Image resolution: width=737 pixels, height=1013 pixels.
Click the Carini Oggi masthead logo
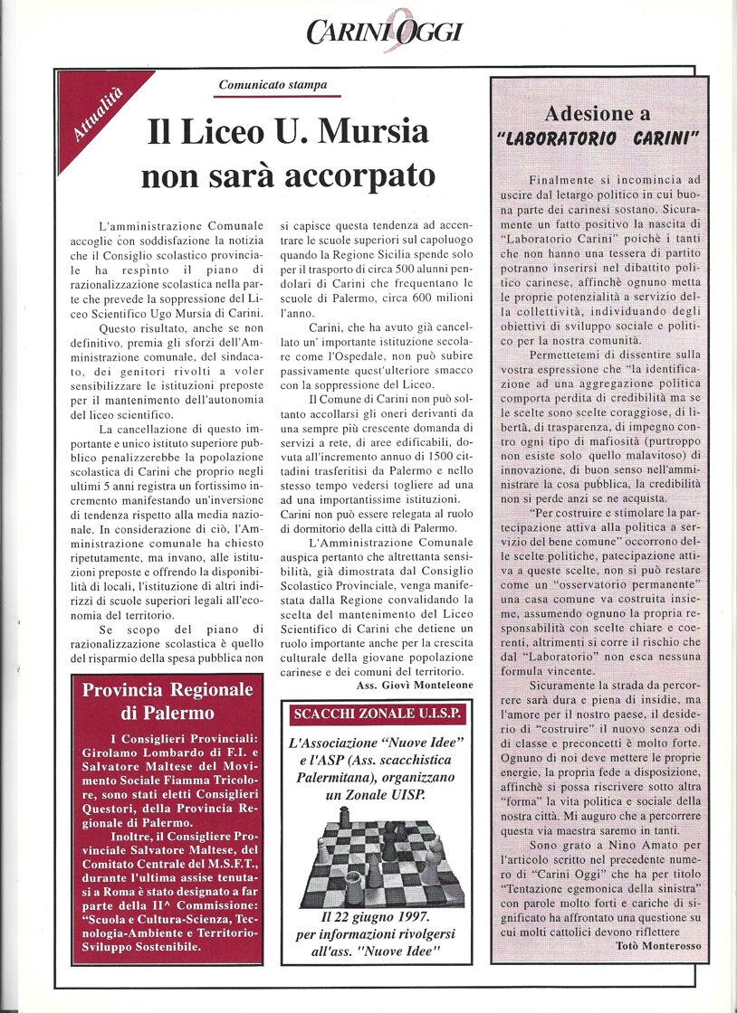384,31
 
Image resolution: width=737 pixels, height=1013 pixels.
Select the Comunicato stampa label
273,87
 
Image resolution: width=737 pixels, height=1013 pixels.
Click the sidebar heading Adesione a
597,114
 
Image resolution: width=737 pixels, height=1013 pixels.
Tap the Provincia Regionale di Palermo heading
167,702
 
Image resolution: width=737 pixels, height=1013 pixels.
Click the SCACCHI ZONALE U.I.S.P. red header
377,714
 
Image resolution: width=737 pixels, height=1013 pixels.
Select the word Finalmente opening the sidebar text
567,180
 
